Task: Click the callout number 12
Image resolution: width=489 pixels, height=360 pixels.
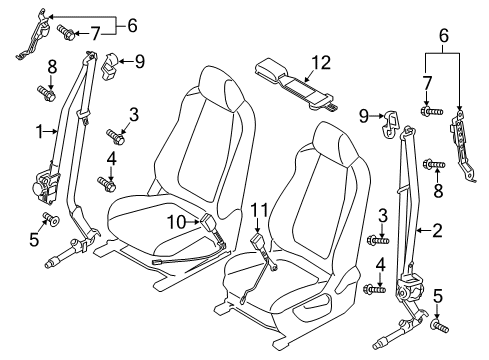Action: [x=321, y=63]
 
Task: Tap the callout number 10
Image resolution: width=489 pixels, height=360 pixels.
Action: [x=177, y=222]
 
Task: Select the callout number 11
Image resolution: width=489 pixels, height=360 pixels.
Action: [x=259, y=210]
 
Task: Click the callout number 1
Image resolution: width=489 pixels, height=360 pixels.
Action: [x=40, y=132]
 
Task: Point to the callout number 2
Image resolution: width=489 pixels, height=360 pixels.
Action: [x=437, y=230]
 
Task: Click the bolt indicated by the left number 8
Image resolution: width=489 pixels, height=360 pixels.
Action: [x=46, y=94]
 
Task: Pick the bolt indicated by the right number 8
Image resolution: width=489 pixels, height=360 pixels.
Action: [x=434, y=164]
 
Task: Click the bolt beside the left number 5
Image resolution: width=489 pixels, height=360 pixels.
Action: [x=51, y=218]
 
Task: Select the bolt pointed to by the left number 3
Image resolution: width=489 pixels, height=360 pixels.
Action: [x=116, y=137]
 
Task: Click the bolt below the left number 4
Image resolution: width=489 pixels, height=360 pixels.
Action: [x=107, y=184]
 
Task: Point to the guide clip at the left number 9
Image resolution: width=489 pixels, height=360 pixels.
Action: [x=109, y=67]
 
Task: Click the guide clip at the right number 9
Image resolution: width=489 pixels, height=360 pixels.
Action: [x=391, y=125]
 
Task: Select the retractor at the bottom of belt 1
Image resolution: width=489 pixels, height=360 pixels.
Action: [x=45, y=185]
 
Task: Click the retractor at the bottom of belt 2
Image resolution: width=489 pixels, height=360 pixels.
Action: [x=411, y=287]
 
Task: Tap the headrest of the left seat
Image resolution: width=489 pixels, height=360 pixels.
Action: [x=222, y=89]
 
